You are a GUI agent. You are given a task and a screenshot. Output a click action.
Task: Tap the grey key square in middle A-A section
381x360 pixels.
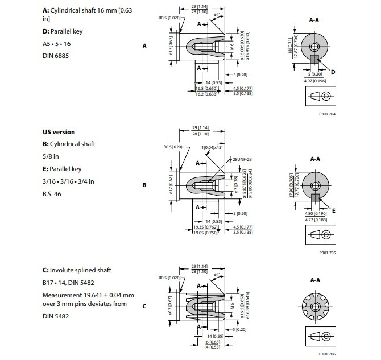point(314,196)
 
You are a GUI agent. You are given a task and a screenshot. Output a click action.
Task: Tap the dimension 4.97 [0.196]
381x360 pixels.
point(315,80)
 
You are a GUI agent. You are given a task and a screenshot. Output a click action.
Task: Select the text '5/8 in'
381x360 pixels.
point(52,156)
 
